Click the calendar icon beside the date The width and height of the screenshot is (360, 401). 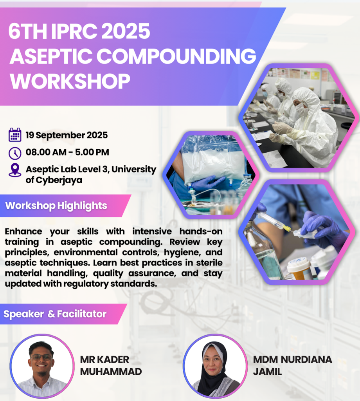click(15, 135)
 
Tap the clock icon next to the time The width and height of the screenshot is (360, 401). click(15, 153)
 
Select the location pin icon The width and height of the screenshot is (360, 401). click(15, 170)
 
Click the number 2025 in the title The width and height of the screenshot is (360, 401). click(127, 31)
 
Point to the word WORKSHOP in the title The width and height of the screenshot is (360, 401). click(70, 81)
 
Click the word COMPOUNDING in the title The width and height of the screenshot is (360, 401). click(176, 56)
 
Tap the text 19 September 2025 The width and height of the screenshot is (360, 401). click(67, 135)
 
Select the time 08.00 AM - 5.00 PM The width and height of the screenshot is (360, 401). click(67, 152)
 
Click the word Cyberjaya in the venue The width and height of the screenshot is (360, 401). click(59, 180)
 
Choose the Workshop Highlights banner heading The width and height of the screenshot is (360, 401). click(56, 206)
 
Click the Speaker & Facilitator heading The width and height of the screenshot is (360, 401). click(55, 314)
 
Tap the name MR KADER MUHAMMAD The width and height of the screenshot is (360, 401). click(111, 365)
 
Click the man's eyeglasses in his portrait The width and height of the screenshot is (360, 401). click(41, 357)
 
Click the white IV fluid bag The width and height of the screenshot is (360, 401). click(213, 161)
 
